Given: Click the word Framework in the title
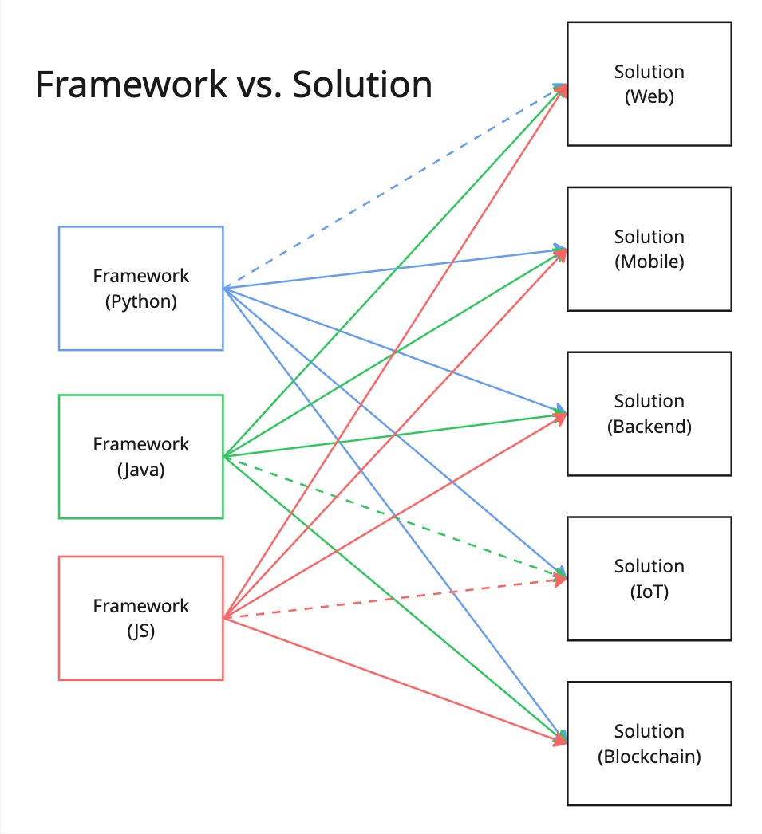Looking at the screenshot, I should click(131, 85).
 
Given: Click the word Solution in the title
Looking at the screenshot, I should click(362, 85).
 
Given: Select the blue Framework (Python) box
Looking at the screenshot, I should click(140, 289).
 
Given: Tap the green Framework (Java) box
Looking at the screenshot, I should click(140, 456).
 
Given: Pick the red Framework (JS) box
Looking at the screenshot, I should click(140, 618).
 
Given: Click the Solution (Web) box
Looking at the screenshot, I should click(649, 84).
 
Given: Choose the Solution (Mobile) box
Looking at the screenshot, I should click(649, 249).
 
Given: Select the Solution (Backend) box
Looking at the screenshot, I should click(649, 413).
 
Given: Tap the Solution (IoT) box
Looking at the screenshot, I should click(649, 578).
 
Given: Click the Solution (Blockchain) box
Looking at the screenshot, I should click(649, 743).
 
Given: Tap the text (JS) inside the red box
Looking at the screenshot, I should click(140, 632).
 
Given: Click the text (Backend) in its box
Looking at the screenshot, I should click(649, 427).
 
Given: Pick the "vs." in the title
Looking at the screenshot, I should click(259, 85).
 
